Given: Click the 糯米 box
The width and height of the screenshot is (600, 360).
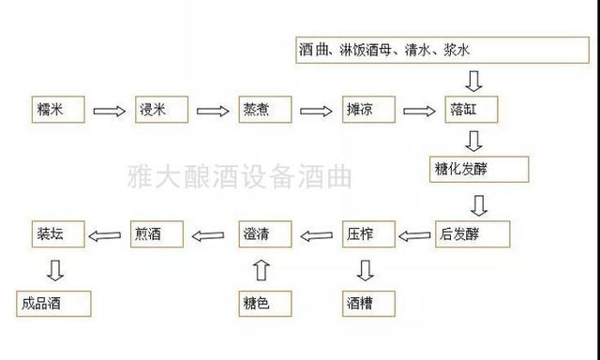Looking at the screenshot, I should [x=56, y=110].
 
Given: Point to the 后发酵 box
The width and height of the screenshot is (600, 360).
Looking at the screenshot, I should [x=473, y=232].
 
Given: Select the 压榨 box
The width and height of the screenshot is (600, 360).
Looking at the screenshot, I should [x=368, y=232].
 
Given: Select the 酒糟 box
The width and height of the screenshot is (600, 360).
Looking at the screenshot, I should [x=368, y=303].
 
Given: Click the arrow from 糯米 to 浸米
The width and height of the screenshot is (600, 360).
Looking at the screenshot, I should [x=109, y=111].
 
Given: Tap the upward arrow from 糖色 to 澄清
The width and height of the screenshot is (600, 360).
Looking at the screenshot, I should [x=262, y=270].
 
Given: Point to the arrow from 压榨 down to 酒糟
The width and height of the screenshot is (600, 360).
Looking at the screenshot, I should [x=367, y=270].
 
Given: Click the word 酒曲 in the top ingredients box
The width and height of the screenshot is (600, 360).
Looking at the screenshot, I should [x=314, y=50].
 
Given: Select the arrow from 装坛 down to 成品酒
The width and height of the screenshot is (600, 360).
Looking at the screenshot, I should [x=55, y=270].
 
